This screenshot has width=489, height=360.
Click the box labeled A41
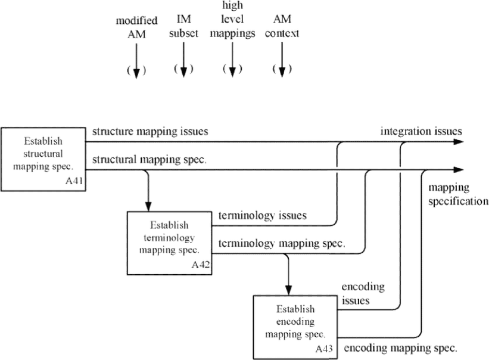[43, 159]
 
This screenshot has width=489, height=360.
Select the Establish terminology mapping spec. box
[169, 243]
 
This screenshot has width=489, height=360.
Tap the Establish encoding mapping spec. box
[295, 327]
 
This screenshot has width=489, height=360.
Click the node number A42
[201, 265]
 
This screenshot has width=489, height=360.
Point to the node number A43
[323, 349]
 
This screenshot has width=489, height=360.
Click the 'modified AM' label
[136, 27]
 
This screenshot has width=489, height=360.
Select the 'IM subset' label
[183, 26]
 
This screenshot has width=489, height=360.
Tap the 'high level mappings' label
[232, 20]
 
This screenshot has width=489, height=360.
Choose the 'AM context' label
[282, 26]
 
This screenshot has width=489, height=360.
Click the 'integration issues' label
[421, 131]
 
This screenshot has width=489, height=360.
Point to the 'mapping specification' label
[458, 194]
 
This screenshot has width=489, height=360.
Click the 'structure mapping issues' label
[150, 131]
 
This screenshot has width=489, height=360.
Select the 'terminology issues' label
[263, 215]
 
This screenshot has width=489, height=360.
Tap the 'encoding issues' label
[363, 293]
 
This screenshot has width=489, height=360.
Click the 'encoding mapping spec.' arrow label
[400, 348]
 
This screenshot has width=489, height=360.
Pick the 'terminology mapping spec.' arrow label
[282, 243]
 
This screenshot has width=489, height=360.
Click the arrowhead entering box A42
[148, 206]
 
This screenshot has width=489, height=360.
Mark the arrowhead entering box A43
[288, 290]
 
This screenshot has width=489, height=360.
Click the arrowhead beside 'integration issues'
[459, 142]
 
